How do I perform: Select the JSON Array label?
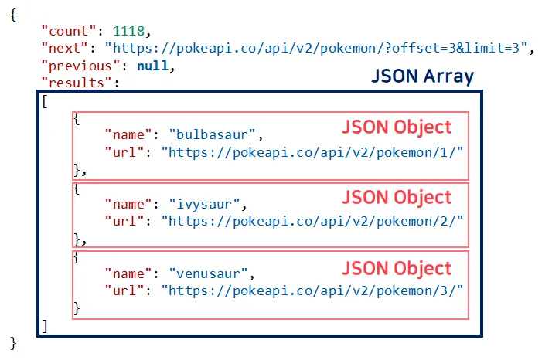coord(422,77)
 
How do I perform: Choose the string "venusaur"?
coord(213,273)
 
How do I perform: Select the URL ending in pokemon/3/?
coord(312,290)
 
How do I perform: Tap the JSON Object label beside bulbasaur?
coord(397,126)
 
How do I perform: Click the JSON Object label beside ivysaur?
coord(397,196)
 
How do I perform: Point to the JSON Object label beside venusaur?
coord(397,267)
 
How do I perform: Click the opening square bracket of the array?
coord(46,101)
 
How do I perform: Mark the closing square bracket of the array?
coord(46,325)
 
